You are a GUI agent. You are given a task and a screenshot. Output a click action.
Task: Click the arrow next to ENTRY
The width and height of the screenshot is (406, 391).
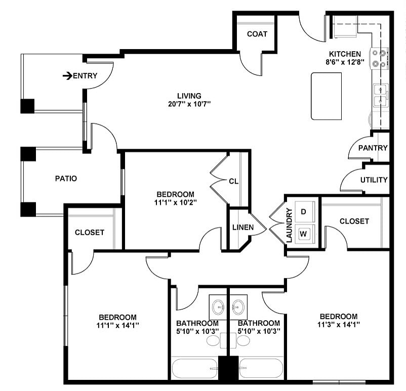[x=67, y=76]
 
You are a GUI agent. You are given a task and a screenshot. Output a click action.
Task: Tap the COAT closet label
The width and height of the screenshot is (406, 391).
[x=257, y=34]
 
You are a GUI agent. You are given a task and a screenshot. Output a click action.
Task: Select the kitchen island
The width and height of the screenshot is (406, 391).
[x=326, y=96]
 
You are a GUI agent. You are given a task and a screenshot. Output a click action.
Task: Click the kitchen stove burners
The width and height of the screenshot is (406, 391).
[x=380, y=58]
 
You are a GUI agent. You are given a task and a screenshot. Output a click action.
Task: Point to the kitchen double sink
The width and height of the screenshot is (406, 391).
[x=381, y=96]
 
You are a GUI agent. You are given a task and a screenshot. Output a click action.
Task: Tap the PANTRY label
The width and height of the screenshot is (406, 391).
[x=373, y=148]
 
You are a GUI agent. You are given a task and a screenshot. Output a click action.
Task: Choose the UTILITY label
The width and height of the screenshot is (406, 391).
[x=374, y=180]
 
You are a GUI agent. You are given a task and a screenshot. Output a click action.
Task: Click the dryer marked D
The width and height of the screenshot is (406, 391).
[x=304, y=211]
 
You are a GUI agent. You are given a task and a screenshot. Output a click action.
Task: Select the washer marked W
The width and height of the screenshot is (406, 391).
[x=304, y=234]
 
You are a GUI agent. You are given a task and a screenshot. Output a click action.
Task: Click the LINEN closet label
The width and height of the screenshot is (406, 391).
[x=243, y=227]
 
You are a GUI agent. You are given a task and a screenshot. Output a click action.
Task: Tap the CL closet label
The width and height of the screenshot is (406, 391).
[x=233, y=181]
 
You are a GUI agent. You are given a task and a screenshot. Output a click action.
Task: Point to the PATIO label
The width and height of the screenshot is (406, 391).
[x=66, y=178]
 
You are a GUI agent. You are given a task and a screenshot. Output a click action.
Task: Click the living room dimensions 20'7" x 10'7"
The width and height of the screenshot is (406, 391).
[x=189, y=104]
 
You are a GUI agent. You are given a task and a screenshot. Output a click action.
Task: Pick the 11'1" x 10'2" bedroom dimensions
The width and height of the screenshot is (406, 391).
[x=175, y=202]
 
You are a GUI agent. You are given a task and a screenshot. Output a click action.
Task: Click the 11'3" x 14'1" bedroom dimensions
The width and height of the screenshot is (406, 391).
[x=338, y=324]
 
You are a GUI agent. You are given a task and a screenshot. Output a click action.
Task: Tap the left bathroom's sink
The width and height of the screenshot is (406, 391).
[x=218, y=306]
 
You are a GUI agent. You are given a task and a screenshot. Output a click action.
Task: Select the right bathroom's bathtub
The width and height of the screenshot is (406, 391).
[x=261, y=369]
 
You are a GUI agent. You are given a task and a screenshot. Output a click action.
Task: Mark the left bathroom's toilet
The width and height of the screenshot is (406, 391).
[x=213, y=340]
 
